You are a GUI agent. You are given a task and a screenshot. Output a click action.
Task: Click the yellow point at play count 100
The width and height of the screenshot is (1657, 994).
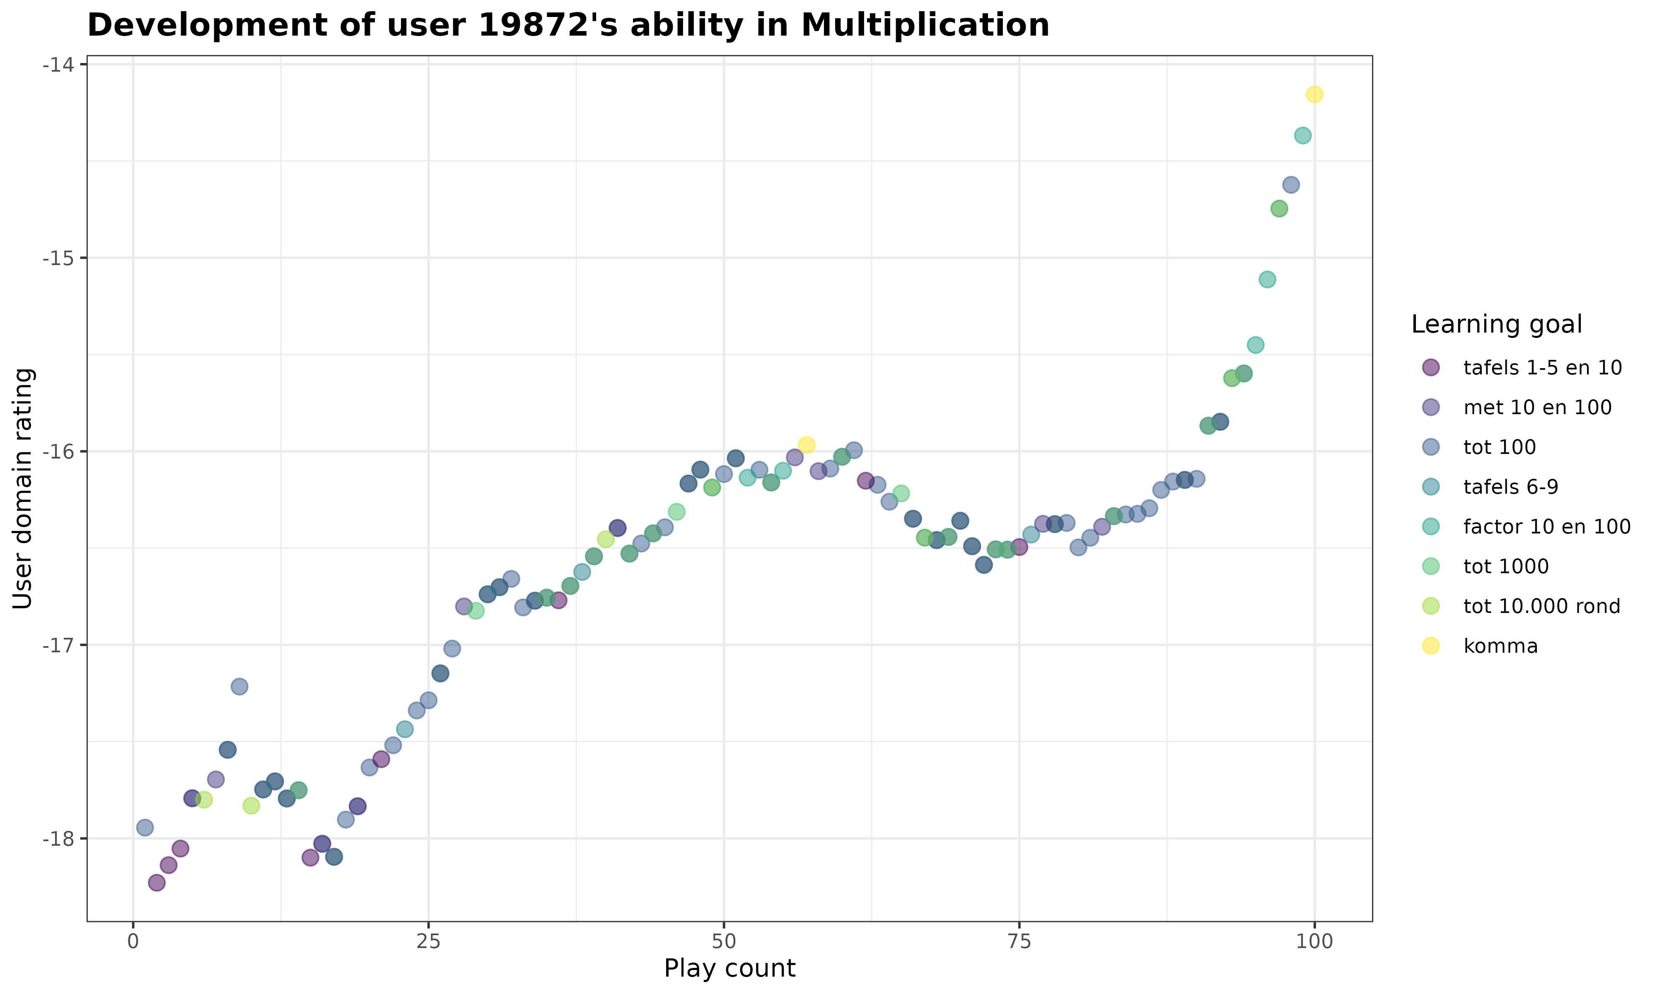click(x=1314, y=94)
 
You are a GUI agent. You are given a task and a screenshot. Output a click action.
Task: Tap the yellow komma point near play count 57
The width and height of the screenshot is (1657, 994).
click(x=807, y=445)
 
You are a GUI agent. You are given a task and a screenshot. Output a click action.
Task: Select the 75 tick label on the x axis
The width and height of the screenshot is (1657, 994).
click(x=1019, y=942)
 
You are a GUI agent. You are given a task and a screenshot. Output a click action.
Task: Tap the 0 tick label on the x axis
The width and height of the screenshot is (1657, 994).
click(x=133, y=942)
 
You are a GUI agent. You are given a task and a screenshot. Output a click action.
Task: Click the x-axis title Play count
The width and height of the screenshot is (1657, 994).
click(x=729, y=969)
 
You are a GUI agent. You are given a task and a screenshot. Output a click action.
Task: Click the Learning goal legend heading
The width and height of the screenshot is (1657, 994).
click(x=1496, y=324)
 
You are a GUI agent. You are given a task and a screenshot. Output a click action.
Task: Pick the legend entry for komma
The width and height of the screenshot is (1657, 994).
click(x=1500, y=646)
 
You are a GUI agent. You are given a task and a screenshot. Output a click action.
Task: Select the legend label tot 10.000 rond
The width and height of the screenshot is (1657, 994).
click(x=1541, y=606)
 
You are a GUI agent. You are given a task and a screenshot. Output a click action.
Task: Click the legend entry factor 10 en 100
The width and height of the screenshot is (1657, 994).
click(x=1546, y=526)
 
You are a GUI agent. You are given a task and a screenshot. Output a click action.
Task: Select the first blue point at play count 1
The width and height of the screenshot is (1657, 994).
click(x=145, y=827)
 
